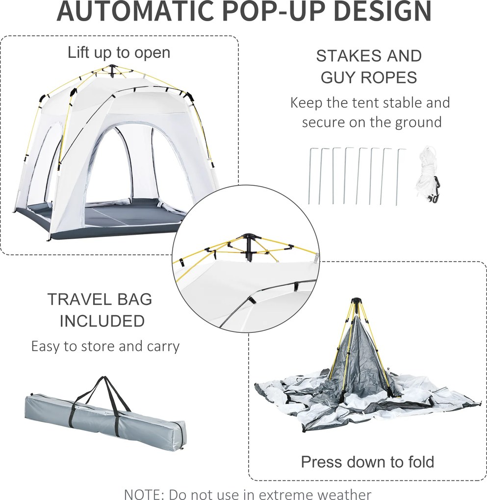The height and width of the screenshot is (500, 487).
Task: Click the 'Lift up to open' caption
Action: click(119, 52)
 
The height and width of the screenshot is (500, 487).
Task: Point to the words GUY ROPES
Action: click(369, 77)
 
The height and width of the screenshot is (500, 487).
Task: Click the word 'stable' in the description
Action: click(403, 102)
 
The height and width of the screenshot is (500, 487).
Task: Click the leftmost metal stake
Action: click(310, 176)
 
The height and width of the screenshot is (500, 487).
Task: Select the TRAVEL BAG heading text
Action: click(100, 300)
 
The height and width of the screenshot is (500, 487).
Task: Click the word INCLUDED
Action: click(102, 321)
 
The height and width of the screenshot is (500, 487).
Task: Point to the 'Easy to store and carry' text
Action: click(105, 346)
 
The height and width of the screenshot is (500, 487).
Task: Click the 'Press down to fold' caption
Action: click(368, 462)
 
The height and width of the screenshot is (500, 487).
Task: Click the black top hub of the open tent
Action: click(112, 68)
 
